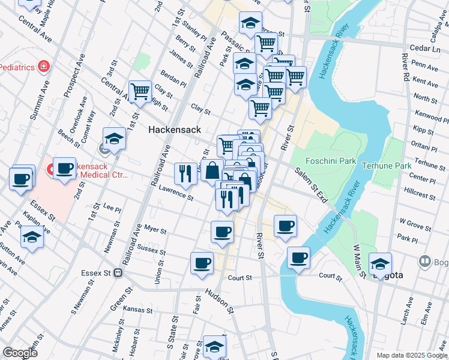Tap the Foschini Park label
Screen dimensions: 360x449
323,161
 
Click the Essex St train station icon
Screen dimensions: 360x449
118,272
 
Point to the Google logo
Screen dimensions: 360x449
20,353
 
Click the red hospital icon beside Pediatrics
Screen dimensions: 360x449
43,66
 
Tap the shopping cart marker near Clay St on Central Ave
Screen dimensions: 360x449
140,92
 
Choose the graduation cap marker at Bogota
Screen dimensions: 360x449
380,263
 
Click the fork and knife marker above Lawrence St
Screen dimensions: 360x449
185,173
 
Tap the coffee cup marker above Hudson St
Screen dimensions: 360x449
202,262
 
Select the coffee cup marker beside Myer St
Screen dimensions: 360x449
222,232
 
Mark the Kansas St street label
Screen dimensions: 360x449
135,310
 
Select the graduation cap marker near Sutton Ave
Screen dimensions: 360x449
32,239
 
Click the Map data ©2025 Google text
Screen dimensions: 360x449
411,355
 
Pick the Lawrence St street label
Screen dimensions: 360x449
176,193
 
